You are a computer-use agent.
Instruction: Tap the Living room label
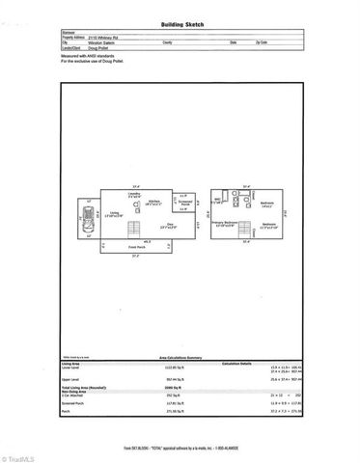[x=114, y=211]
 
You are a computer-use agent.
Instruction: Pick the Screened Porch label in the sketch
[x=182, y=204]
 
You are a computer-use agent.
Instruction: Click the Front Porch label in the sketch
[x=135, y=247]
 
